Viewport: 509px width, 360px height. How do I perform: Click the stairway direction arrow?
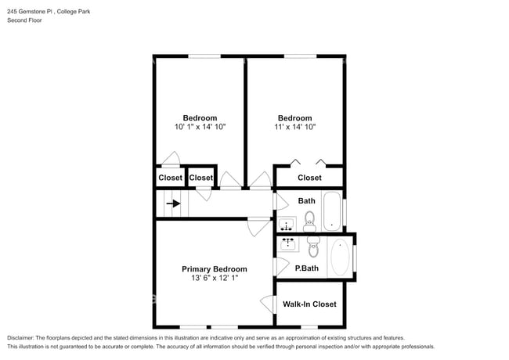(x=171, y=203)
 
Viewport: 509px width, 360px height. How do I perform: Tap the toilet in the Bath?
(x=309, y=218)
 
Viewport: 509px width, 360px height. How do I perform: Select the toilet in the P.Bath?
(x=314, y=248)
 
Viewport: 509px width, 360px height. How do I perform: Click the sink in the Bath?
(x=286, y=225)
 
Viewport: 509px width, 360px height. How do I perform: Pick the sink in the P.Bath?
(x=287, y=243)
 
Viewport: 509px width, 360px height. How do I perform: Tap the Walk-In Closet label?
(x=310, y=304)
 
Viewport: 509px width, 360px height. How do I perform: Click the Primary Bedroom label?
(x=215, y=268)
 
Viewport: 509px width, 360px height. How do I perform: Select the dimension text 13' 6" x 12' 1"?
(x=215, y=278)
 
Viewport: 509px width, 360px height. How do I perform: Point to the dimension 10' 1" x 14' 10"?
(x=200, y=127)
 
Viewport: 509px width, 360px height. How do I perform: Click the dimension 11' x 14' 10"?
(x=295, y=127)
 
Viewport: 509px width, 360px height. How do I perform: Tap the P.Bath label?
(x=305, y=268)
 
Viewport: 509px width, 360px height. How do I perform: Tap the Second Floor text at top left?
(x=24, y=20)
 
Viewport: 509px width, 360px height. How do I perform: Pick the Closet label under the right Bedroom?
(x=309, y=178)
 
